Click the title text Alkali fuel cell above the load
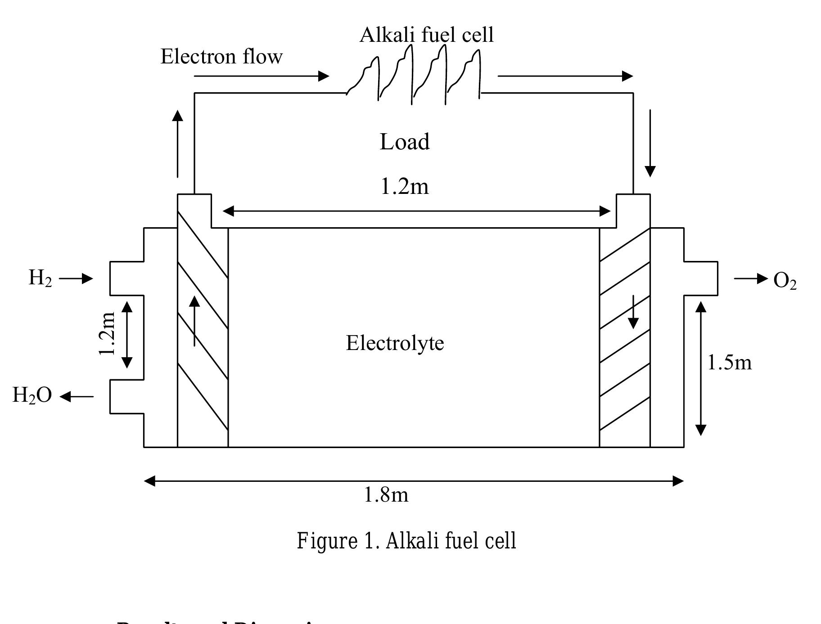click(426, 35)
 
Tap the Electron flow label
click(221, 57)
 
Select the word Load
click(405, 142)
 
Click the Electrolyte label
click(395, 343)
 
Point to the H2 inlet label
click(40, 278)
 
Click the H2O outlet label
click(32, 396)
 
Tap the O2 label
click(785, 281)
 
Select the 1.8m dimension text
click(386, 495)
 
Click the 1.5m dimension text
click(729, 363)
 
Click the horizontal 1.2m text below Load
click(405, 187)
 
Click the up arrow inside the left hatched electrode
click(194, 320)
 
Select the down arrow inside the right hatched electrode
click(633, 312)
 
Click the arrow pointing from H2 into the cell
click(76, 279)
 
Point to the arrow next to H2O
click(77, 397)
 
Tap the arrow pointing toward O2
click(750, 279)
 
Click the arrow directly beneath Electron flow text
click(261, 76)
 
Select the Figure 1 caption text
click(406, 541)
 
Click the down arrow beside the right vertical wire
click(650, 143)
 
